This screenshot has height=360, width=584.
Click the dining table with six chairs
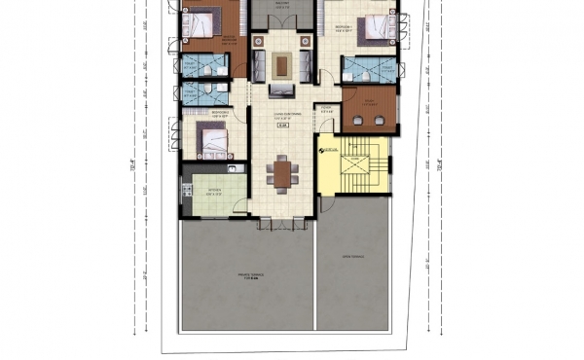282,172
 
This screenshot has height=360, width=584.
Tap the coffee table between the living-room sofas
282,65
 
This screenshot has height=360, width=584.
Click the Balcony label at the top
283,3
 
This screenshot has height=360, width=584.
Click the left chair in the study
357,121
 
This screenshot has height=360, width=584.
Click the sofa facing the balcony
282,91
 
